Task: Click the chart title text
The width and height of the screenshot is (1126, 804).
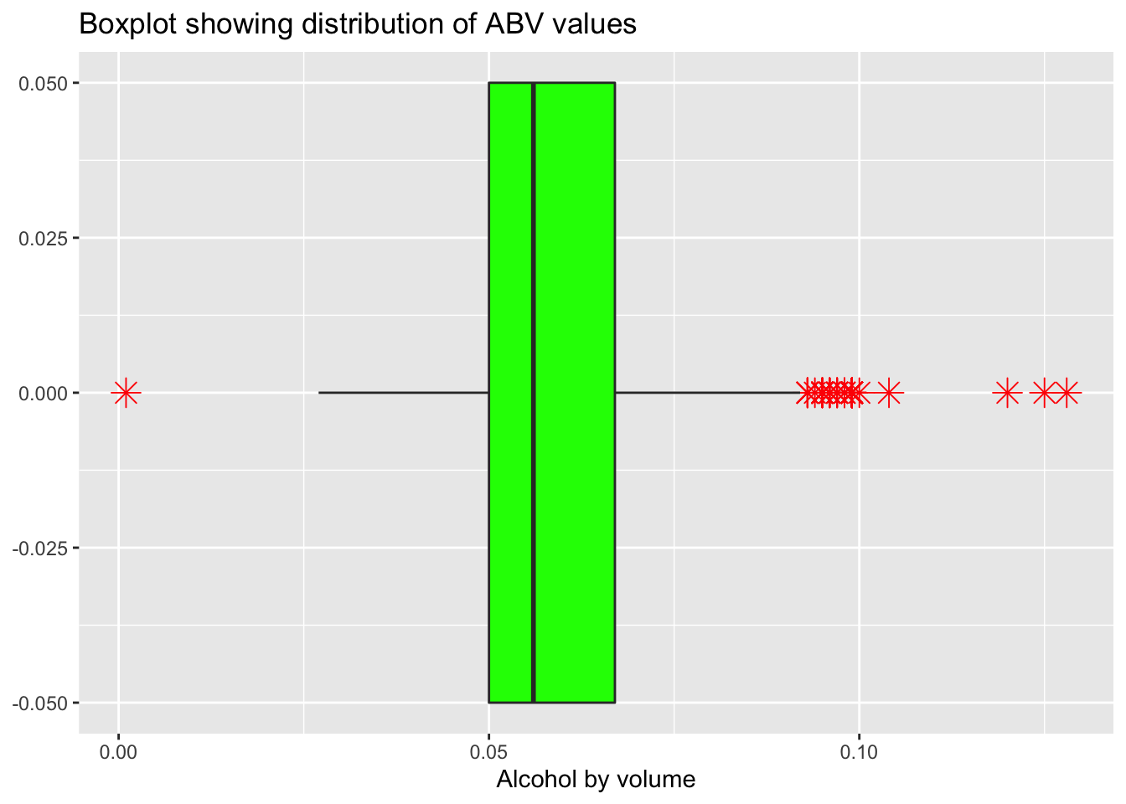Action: coord(357,24)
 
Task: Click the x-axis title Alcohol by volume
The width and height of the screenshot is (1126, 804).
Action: coord(596,780)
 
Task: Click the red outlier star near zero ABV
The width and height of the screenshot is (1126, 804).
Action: coord(126,392)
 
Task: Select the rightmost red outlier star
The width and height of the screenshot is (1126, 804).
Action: coord(1067,392)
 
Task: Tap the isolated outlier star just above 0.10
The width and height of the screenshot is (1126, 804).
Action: coord(889,392)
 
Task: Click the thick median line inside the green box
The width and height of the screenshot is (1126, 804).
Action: coord(533,392)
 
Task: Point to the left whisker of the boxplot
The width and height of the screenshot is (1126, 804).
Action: coord(402,392)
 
